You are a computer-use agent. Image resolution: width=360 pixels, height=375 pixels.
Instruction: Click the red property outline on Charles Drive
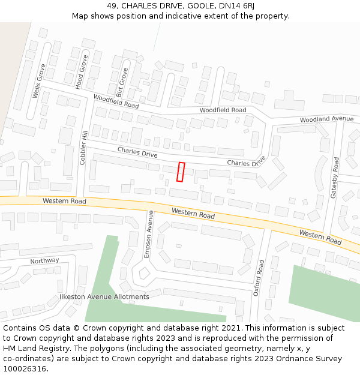[181, 172]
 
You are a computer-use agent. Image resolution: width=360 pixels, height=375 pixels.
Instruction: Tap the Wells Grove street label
[39, 82]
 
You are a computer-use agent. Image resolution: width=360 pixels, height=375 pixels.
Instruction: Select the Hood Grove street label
[81, 73]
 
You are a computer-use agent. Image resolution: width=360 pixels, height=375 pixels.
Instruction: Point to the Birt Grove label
[122, 82]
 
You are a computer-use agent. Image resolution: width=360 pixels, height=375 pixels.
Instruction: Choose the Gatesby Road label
[335, 177]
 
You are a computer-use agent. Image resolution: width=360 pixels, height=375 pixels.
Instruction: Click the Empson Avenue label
[149, 234]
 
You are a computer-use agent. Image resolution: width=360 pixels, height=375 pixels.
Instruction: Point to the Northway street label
[45, 261]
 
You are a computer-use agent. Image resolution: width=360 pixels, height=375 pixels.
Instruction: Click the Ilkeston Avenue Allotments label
[104, 296]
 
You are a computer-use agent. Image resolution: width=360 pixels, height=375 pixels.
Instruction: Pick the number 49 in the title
[112, 5]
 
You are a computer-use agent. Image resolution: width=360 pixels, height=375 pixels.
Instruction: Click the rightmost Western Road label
[320, 237]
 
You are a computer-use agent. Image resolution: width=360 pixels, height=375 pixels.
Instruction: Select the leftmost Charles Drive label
[137, 152]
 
